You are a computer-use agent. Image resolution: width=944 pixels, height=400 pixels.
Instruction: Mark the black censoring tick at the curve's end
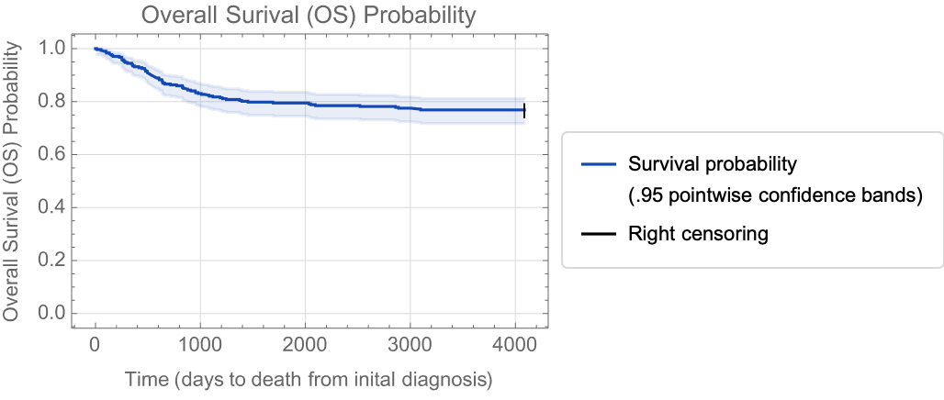(x=524, y=111)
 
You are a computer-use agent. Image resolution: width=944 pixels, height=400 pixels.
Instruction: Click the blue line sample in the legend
(x=598, y=164)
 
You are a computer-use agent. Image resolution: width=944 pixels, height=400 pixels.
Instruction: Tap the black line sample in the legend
(x=598, y=234)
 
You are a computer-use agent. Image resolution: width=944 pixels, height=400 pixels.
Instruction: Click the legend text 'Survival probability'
(x=713, y=164)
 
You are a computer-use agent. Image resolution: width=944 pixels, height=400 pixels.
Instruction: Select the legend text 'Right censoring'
(x=698, y=234)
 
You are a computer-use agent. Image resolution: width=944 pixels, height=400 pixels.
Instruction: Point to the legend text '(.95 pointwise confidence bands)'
(x=775, y=196)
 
